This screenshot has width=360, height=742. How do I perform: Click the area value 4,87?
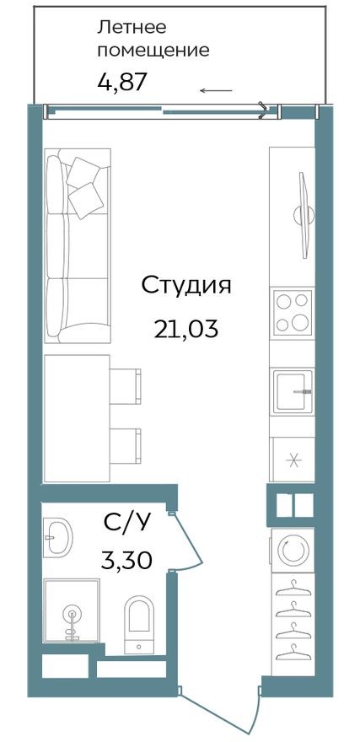[123, 83]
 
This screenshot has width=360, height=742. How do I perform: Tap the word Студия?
[185, 284]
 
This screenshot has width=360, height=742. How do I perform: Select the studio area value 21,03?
[185, 328]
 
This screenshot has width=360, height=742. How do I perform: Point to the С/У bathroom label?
[126, 524]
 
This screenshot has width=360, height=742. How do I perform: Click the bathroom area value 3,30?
[126, 559]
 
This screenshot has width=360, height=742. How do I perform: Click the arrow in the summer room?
[217, 89]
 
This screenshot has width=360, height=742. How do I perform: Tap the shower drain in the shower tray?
[72, 615]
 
